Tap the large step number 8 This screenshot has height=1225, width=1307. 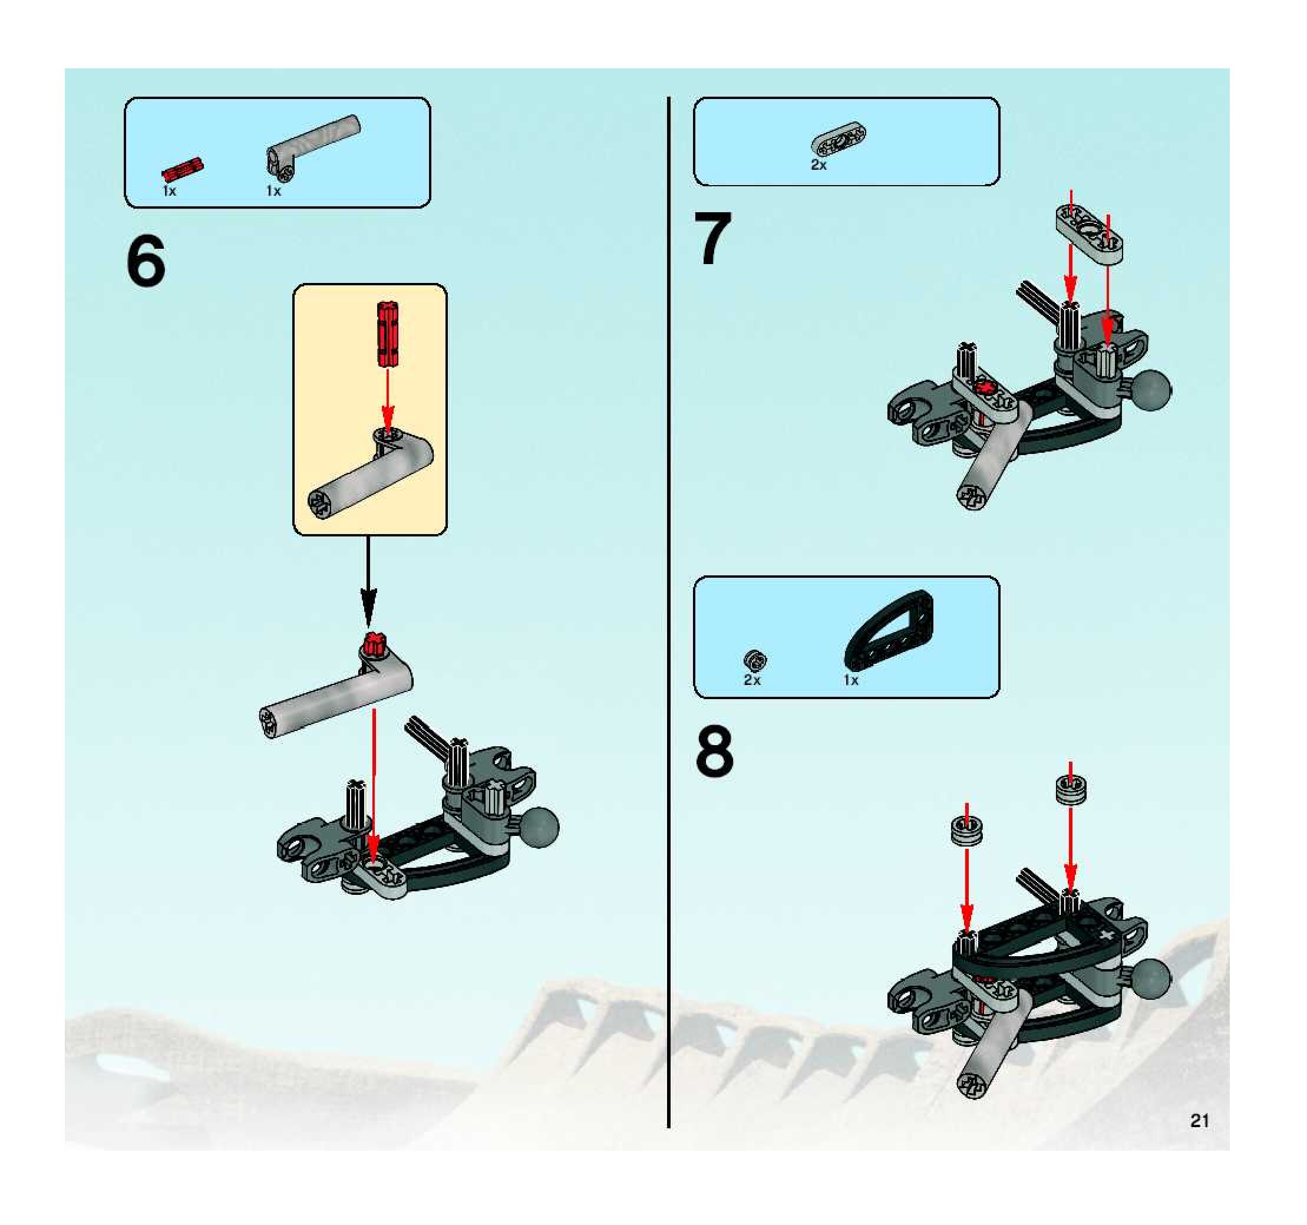(715, 750)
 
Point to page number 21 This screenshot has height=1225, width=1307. (1200, 1121)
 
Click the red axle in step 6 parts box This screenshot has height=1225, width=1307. (183, 170)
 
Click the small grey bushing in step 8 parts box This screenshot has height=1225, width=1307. (755, 660)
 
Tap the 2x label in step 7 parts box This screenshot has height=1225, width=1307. (818, 165)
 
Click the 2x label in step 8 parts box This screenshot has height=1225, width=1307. (752, 680)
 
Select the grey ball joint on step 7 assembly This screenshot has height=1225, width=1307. (1150, 391)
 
